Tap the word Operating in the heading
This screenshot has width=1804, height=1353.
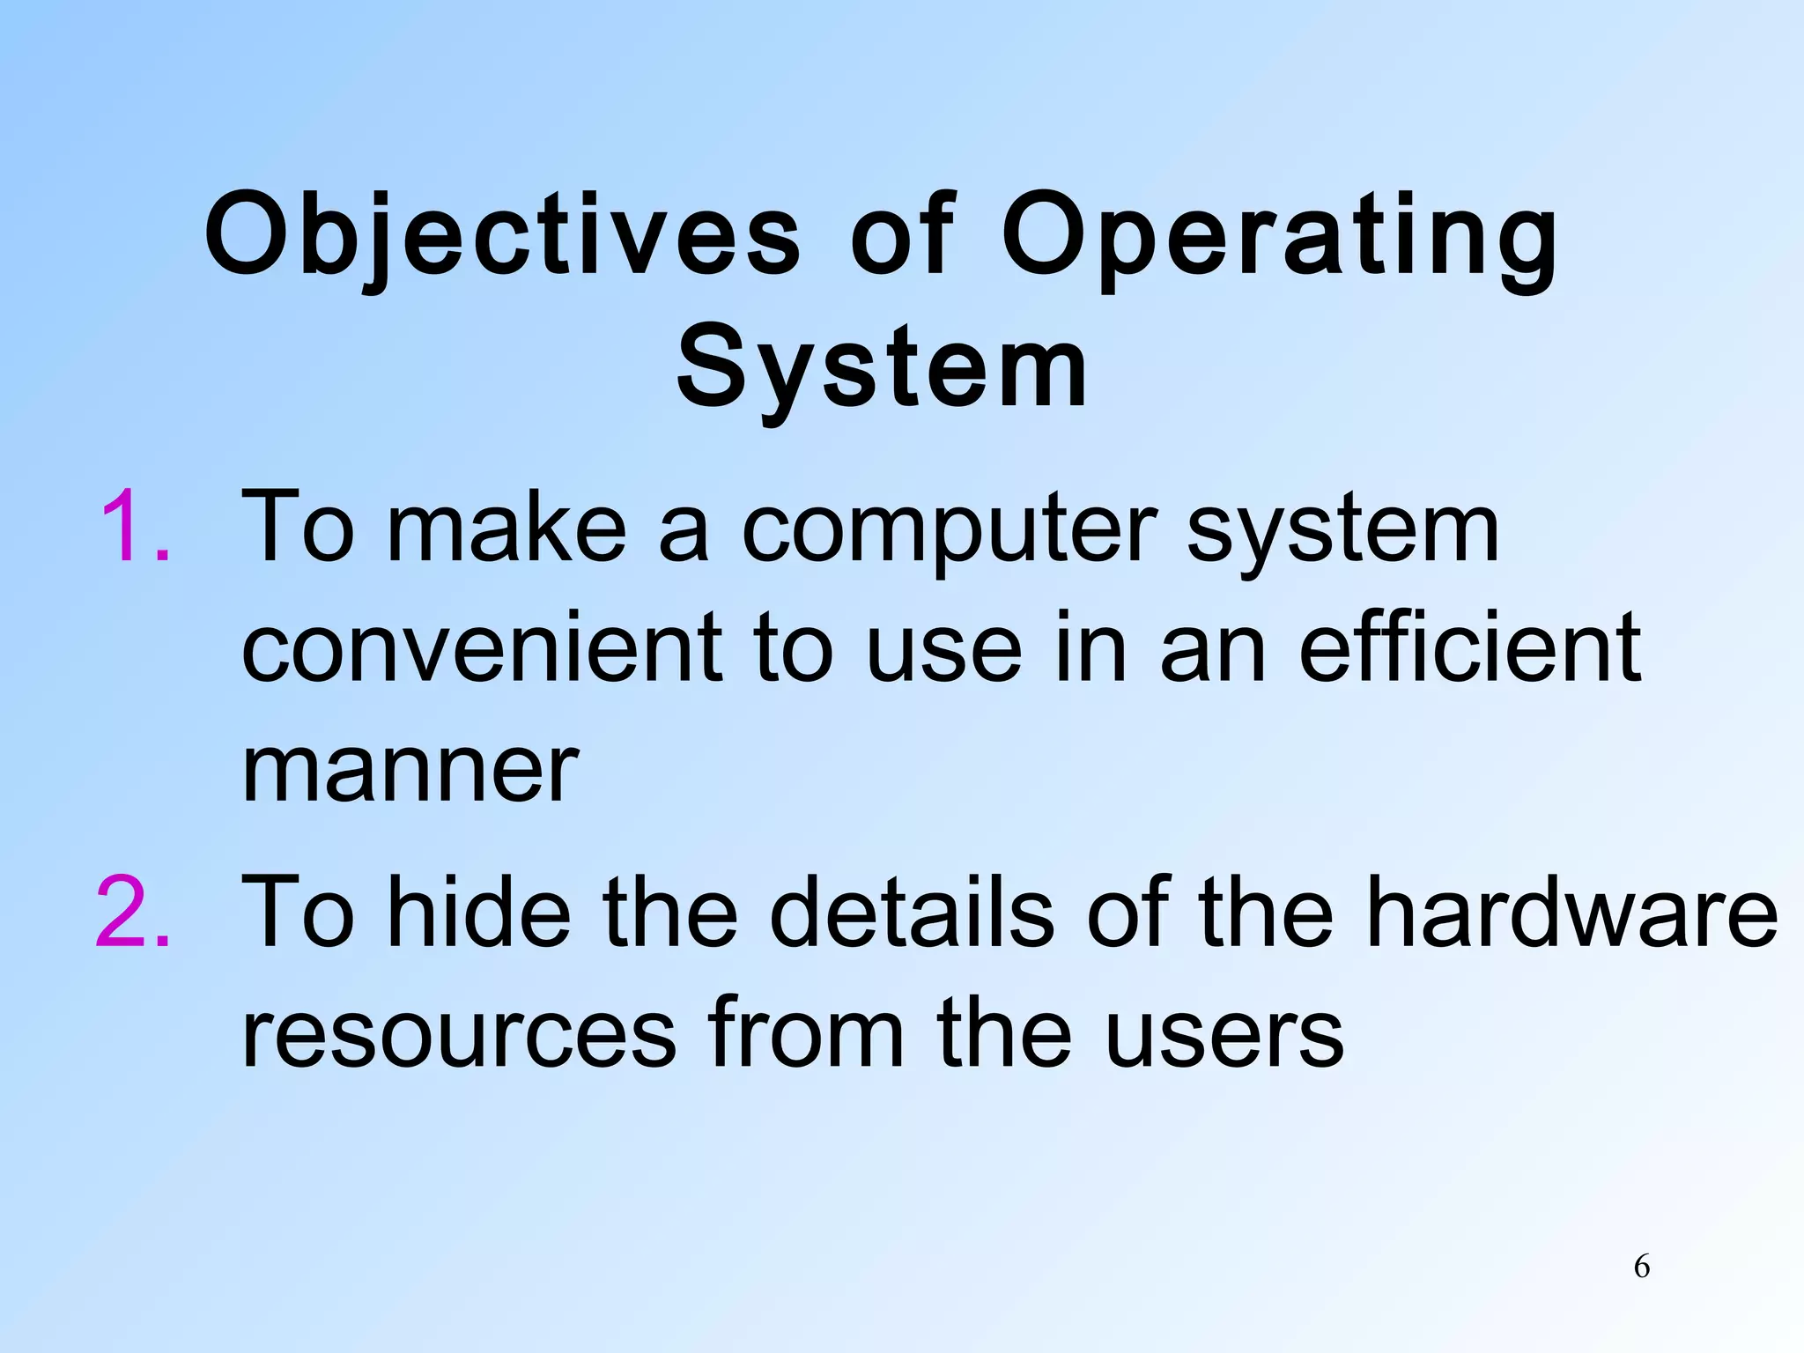click(x=1279, y=236)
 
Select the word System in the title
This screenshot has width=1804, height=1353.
click(x=882, y=366)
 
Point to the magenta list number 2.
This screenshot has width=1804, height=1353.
click(x=132, y=912)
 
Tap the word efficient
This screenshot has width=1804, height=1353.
click(x=1470, y=647)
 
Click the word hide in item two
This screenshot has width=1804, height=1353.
click(x=479, y=912)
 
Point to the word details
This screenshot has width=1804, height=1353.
click(x=912, y=912)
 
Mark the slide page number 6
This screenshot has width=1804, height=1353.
click(x=1641, y=1267)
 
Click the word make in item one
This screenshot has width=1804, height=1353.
click(x=506, y=528)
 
